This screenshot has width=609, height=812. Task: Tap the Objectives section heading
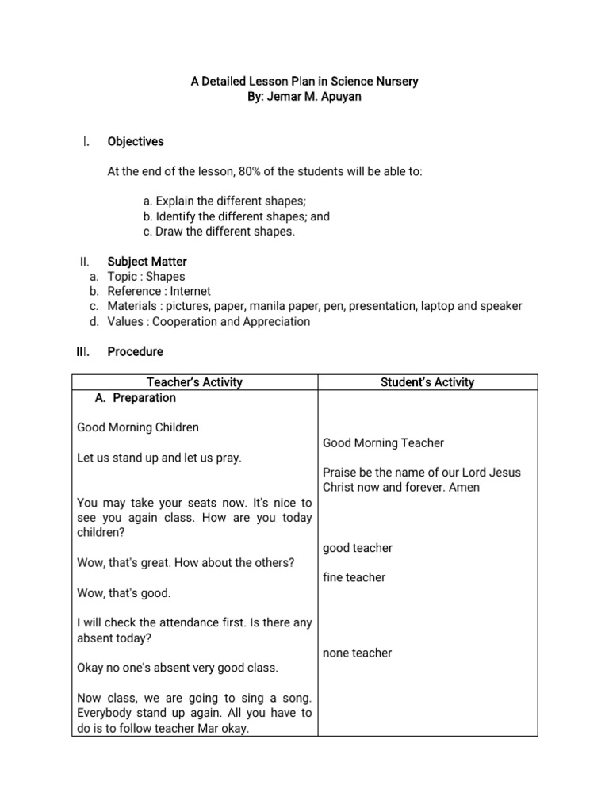coord(136,141)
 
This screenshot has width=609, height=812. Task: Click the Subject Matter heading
coord(147,261)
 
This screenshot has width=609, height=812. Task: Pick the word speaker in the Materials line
coord(502,306)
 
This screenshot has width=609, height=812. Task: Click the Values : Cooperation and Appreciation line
coord(209,321)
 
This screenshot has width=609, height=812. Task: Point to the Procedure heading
coord(135,351)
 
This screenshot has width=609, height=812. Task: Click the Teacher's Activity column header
coord(194,382)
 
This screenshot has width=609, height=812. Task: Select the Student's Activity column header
coord(427,382)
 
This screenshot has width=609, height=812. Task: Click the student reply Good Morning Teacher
coord(383,442)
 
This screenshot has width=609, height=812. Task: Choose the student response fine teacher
coord(354,577)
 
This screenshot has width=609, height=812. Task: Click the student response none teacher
coord(357,653)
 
